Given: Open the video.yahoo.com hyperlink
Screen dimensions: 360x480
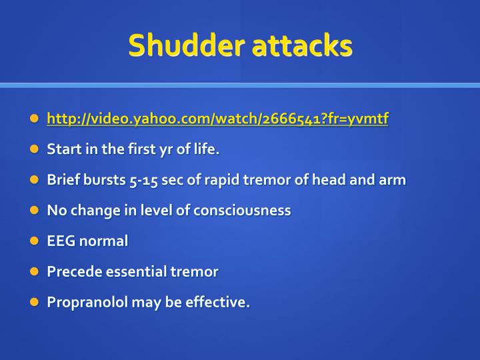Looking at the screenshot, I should click(x=217, y=119).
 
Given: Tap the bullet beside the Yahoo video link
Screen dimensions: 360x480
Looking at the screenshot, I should click(x=35, y=118).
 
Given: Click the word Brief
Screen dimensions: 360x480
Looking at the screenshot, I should click(x=63, y=180).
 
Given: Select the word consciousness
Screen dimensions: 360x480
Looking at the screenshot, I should click(x=242, y=210).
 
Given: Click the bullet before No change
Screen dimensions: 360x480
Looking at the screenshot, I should click(x=35, y=210).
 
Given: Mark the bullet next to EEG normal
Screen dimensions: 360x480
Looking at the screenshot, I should click(x=35, y=241).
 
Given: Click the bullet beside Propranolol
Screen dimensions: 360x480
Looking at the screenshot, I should click(x=35, y=302).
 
